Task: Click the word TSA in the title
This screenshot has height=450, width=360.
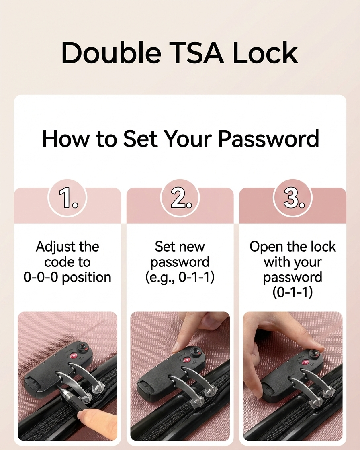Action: click(199, 53)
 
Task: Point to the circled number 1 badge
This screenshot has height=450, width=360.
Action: click(67, 198)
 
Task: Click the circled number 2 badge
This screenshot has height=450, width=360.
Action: click(180, 198)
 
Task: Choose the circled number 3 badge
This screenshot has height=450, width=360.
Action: click(292, 198)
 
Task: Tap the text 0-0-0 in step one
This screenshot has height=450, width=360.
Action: click(41, 277)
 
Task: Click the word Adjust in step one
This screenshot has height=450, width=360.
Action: click(53, 247)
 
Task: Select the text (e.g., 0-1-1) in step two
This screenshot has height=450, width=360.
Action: click(180, 278)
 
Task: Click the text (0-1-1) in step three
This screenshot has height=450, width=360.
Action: click(292, 293)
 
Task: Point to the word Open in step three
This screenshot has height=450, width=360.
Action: click(264, 247)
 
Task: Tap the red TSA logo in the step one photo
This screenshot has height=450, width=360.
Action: click(73, 356)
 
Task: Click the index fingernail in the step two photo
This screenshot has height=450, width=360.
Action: click(176, 348)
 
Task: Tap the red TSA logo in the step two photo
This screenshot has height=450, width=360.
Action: click(186, 359)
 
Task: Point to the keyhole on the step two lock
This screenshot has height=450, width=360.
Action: click(196, 351)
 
